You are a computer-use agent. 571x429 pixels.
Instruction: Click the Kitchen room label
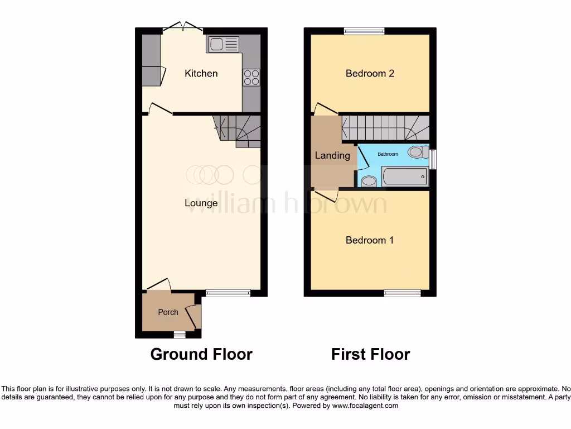tap(201, 73)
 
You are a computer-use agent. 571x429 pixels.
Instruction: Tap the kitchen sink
tap(223, 44)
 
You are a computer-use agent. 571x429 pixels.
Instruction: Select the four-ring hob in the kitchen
tap(251, 77)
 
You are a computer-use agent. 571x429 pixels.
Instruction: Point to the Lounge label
tap(201, 203)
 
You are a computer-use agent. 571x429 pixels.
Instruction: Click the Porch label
tap(168, 312)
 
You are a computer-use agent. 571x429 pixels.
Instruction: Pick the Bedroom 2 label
tap(370, 73)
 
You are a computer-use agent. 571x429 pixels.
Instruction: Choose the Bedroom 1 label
tap(370, 240)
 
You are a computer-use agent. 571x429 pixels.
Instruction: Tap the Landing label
tap(332, 155)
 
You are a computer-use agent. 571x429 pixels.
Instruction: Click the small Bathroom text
tap(388, 154)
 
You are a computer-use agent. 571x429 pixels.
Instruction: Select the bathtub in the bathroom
tap(405, 177)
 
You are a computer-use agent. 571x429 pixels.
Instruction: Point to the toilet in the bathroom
tap(418, 151)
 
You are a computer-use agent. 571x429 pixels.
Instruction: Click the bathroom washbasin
tap(369, 181)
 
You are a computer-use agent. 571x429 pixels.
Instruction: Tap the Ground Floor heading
tap(201, 354)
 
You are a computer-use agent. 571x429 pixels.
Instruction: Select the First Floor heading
tap(370, 354)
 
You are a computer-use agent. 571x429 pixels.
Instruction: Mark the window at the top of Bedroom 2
tap(364, 31)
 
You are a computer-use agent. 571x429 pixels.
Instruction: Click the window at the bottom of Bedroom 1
tap(402, 293)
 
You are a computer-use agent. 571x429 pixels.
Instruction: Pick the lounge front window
tap(228, 293)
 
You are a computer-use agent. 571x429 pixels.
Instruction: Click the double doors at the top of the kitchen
tap(183, 26)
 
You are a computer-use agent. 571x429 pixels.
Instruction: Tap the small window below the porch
tap(179, 335)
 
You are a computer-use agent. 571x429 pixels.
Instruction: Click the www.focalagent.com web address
tap(365, 406)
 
